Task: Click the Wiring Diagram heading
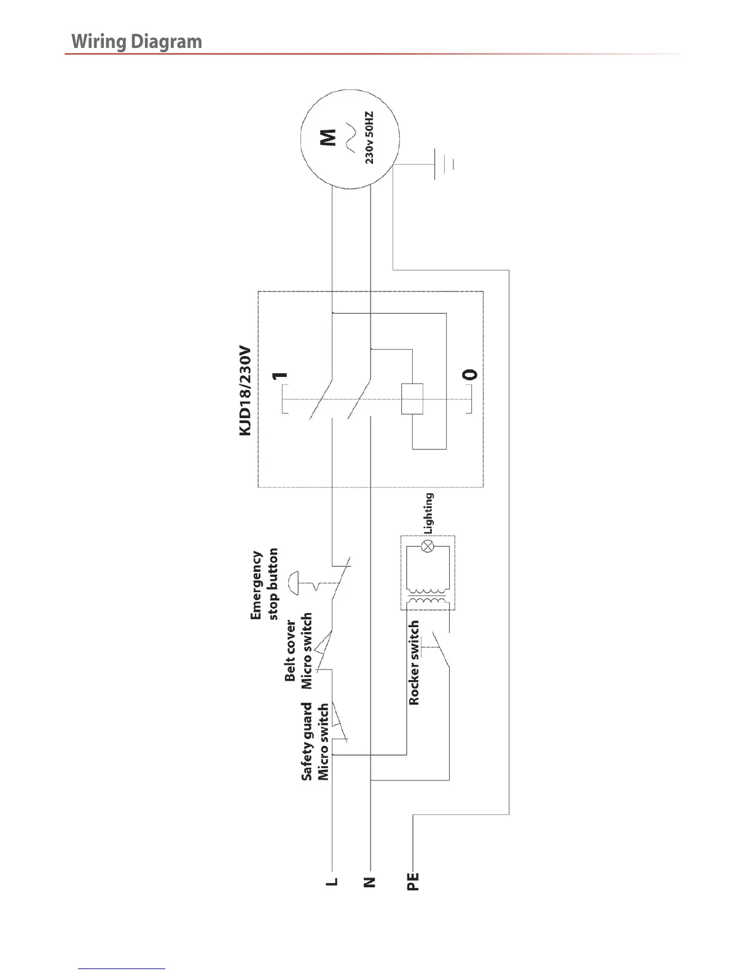coord(136,42)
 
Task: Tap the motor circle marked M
coord(349,138)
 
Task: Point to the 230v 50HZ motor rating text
coord(369,137)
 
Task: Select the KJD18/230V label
coord(245,390)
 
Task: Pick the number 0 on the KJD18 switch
coord(469,374)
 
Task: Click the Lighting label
coord(429,513)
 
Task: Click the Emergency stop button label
coord(264,584)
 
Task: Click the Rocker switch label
coord(415,662)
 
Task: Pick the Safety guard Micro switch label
coord(315,742)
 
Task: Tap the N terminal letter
coord(369,882)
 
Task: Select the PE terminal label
coord(413,881)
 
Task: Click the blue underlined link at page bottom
coord(122,969)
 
